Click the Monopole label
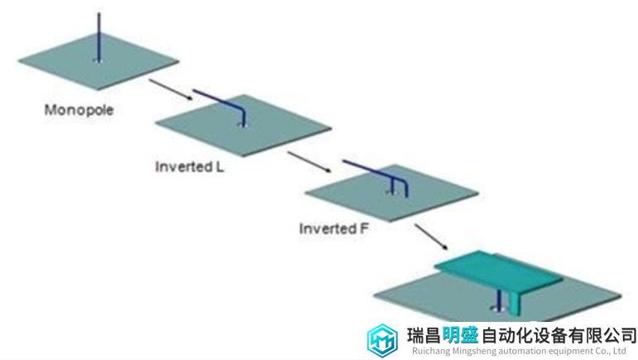[x=79, y=110]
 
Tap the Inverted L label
[x=189, y=166]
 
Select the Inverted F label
[x=333, y=228]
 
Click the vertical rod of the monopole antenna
[x=98, y=37]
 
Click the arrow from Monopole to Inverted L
[x=170, y=89]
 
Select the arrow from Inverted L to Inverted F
[x=309, y=162]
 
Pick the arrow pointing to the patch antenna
[x=431, y=237]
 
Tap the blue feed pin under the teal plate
[x=498, y=299]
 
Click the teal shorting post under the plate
[x=516, y=303]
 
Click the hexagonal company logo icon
[x=382, y=341]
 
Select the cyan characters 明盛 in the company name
[x=461, y=336]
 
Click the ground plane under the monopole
[x=98, y=62]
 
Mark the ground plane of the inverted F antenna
[x=391, y=193]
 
